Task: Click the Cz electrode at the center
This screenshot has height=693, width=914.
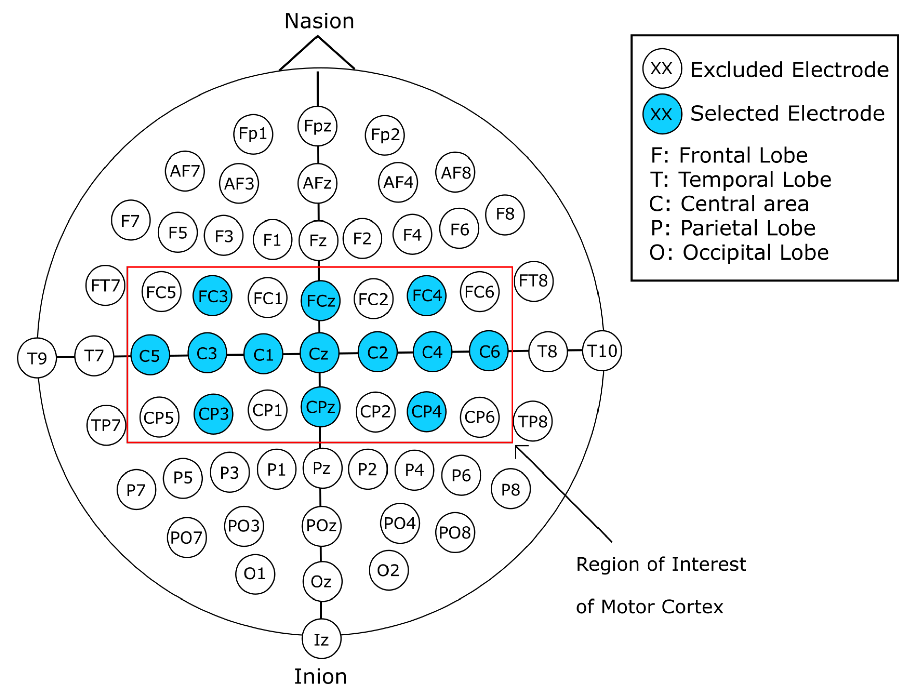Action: pyautogui.click(x=319, y=353)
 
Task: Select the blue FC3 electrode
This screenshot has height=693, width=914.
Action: pyautogui.click(x=212, y=296)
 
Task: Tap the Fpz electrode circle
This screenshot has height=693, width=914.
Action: pyautogui.click(x=318, y=126)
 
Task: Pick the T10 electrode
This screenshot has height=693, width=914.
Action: pyautogui.click(x=602, y=351)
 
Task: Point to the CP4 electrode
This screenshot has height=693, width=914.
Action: pyautogui.click(x=426, y=412)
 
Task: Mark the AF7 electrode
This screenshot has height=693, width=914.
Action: pyautogui.click(x=185, y=171)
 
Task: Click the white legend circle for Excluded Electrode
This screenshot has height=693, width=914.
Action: pyautogui.click(x=662, y=69)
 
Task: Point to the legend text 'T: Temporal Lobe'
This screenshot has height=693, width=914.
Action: pyautogui.click(x=741, y=180)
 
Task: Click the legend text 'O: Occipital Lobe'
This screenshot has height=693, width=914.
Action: pyautogui.click(x=739, y=252)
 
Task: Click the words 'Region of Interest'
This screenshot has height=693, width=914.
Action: pyautogui.click(x=661, y=564)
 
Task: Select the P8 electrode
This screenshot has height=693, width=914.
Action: pyautogui.click(x=510, y=489)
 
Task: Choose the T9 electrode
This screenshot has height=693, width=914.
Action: pyautogui.click(x=37, y=358)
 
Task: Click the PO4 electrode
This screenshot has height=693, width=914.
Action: pyautogui.click(x=400, y=523)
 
